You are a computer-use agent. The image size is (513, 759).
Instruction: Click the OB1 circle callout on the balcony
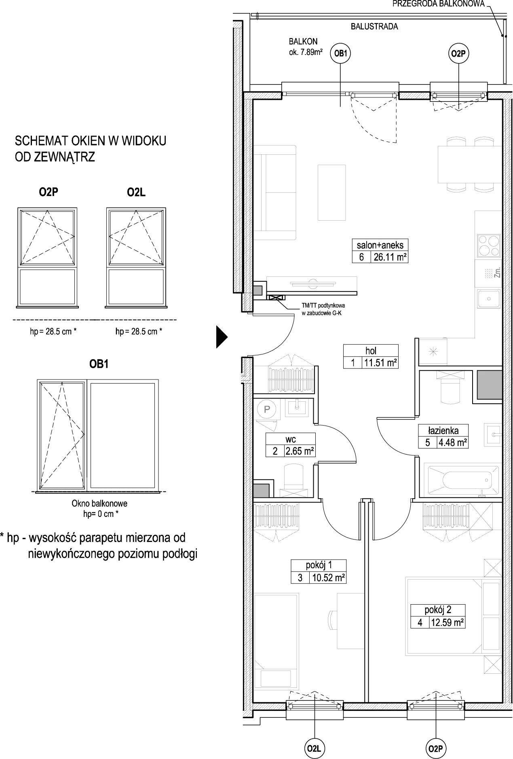[x=340, y=53]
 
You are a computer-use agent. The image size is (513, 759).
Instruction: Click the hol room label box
[x=371, y=356]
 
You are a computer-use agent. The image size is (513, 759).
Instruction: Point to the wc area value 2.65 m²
[x=300, y=451]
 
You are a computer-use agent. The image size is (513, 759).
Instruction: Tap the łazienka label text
[x=443, y=430]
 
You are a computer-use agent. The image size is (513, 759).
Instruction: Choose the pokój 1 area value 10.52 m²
[x=328, y=578]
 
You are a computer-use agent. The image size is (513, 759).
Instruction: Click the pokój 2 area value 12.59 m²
[x=447, y=622]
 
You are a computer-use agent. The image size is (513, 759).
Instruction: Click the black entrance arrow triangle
[x=222, y=336]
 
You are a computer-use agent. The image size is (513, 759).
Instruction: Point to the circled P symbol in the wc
[x=267, y=409]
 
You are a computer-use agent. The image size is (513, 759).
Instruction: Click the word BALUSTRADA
[x=374, y=27]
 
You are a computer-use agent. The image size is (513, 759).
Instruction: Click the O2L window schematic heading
[x=136, y=192]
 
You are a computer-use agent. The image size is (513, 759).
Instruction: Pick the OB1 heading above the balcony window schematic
[x=99, y=364]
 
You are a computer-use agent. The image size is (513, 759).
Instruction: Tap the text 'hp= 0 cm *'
[x=99, y=514]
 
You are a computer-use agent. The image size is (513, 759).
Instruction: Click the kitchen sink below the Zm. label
[x=489, y=299]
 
